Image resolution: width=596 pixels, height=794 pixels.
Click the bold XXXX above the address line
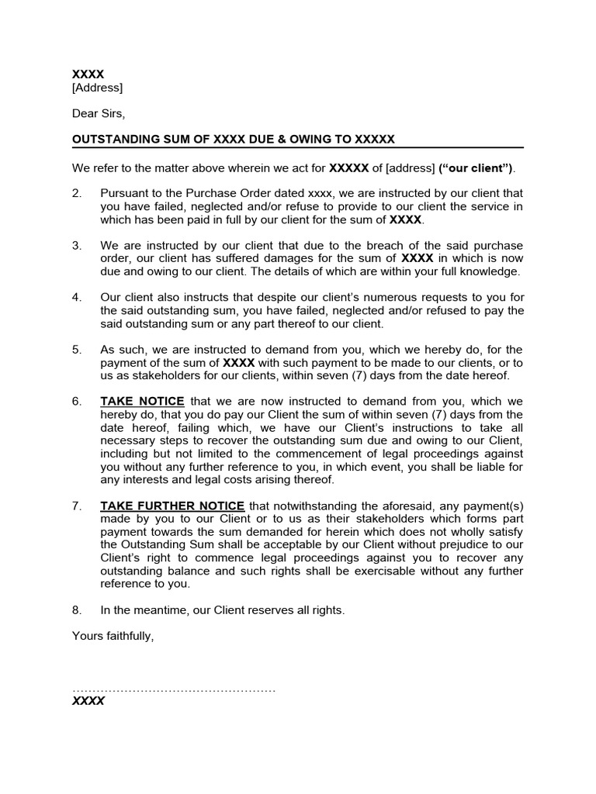(88, 74)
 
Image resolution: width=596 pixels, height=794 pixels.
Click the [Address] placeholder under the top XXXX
(97, 88)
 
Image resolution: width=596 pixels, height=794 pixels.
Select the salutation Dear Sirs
(98, 113)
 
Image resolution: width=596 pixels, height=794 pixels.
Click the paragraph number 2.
(77, 192)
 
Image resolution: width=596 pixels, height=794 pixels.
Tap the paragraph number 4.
(77, 297)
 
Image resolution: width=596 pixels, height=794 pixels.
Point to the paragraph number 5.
(77, 350)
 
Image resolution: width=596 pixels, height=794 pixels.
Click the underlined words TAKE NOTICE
(142, 402)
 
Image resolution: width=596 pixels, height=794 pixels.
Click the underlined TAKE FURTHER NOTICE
(172, 506)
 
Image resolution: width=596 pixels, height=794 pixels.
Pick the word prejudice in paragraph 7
(463, 545)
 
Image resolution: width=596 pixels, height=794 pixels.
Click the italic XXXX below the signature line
(88, 701)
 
